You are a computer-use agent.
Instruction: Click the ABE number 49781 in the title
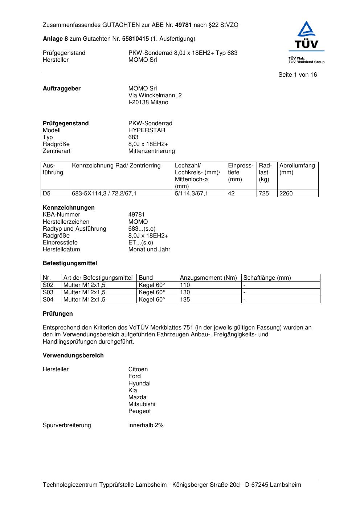pos(184,25)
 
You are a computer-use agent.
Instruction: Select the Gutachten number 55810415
pos(135,39)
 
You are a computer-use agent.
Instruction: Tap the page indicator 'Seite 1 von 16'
pos(298,75)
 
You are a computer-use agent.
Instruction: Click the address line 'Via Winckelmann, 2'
pos(155,96)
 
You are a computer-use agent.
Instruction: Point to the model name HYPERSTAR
pos(147,130)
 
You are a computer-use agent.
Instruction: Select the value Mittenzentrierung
pos(151,151)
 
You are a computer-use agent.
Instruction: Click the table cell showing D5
pos(47,194)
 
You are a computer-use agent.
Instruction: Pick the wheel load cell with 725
pos(264,194)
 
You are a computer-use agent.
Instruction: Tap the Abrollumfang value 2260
pos(286,194)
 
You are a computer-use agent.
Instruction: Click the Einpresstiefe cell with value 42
pos(231,194)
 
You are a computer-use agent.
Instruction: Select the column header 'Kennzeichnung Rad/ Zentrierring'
pos(116,166)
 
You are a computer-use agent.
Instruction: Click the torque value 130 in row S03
pos(185,292)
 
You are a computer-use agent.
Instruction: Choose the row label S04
pos(48,300)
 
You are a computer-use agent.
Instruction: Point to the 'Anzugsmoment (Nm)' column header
pos(208,278)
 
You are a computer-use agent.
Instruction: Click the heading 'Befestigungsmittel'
pos(70,263)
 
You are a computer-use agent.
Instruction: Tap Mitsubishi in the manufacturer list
pos(142,404)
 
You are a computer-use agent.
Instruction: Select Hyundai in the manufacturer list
pos(139,384)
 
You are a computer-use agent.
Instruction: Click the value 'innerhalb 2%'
pos(146,425)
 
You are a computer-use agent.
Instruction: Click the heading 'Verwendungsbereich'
pos(73,356)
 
